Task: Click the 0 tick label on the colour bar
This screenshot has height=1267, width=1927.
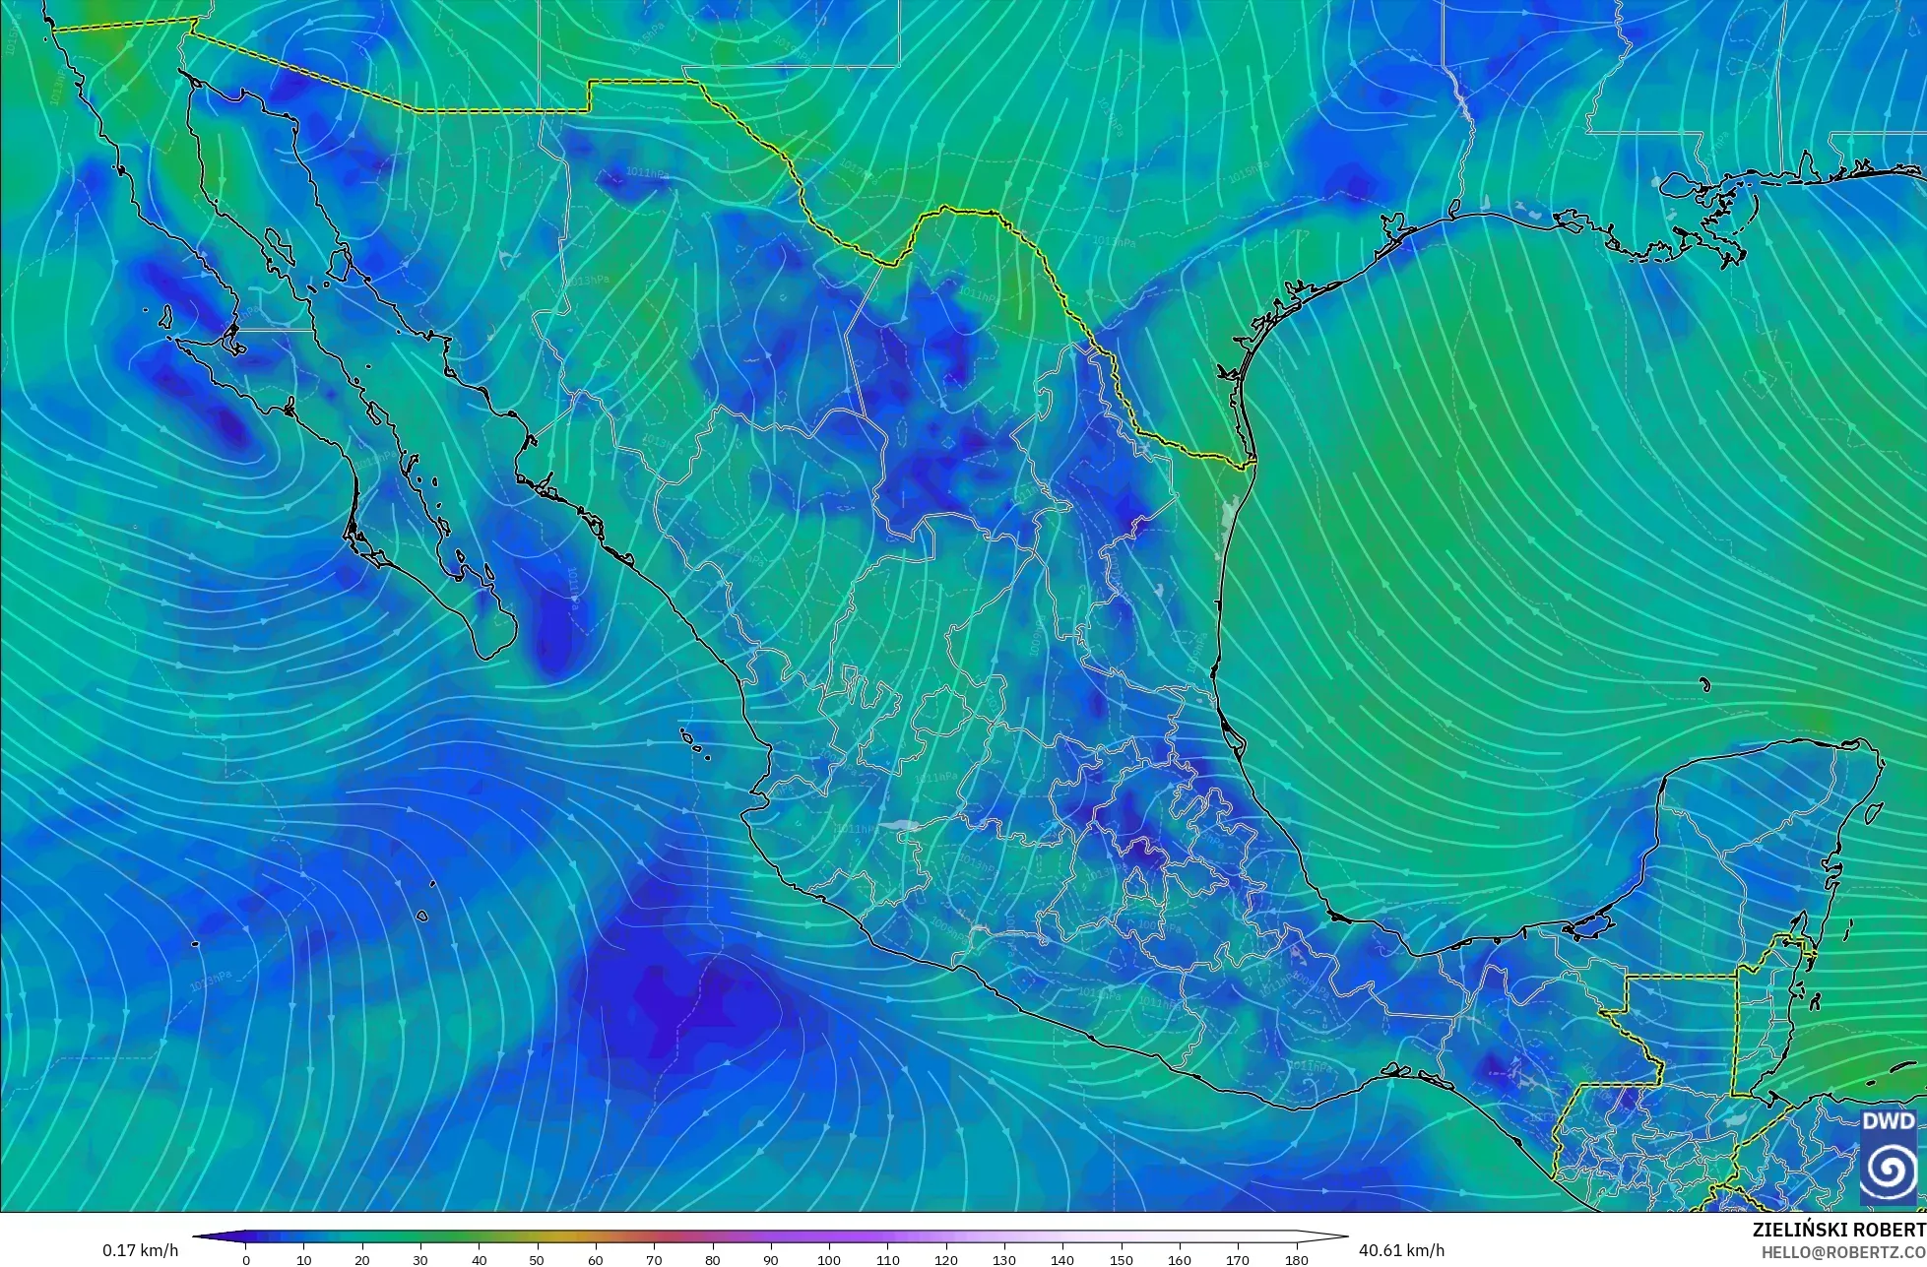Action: click(246, 1260)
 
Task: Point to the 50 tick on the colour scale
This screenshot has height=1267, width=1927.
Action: click(538, 1260)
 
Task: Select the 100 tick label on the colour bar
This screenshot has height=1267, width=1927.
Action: click(829, 1260)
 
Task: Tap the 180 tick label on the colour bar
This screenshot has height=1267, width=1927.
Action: click(1296, 1260)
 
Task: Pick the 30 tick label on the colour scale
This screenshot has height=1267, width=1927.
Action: click(420, 1260)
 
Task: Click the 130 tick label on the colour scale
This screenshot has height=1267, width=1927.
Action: click(1004, 1260)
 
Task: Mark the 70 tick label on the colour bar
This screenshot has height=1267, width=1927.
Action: click(654, 1260)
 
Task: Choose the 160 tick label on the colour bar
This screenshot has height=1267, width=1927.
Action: click(1180, 1260)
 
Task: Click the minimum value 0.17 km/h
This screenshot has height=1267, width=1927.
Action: click(140, 1250)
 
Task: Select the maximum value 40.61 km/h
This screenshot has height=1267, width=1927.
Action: click(1401, 1250)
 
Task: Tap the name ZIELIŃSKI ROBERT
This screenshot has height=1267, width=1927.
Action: click(1838, 1230)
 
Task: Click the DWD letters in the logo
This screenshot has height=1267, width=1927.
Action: click(1889, 1121)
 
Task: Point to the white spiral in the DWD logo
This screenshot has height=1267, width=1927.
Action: click(1889, 1170)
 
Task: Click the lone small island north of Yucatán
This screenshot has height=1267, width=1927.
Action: click(1704, 685)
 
